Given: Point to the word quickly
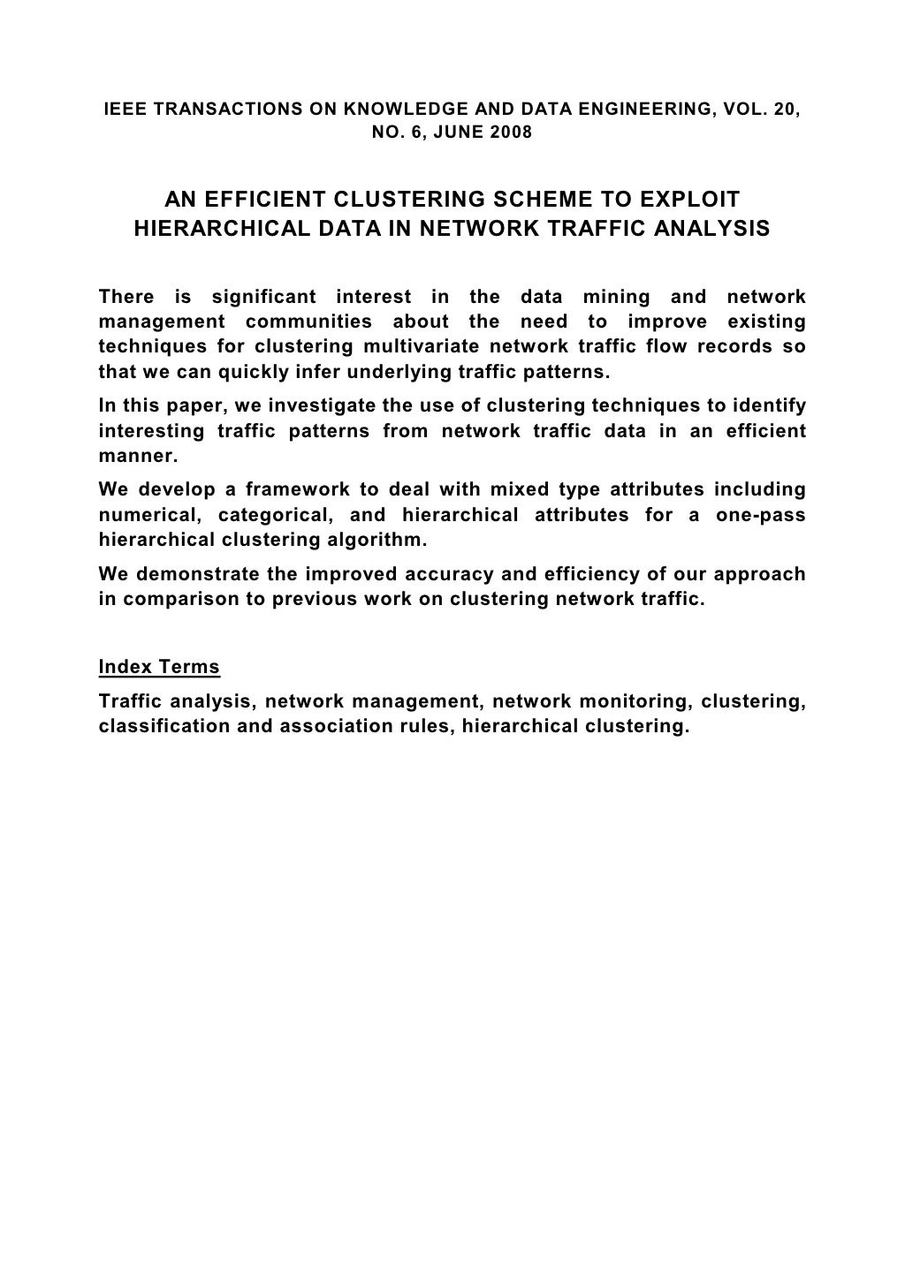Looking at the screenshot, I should point(256,371).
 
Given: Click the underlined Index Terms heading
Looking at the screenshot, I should point(159,667).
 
